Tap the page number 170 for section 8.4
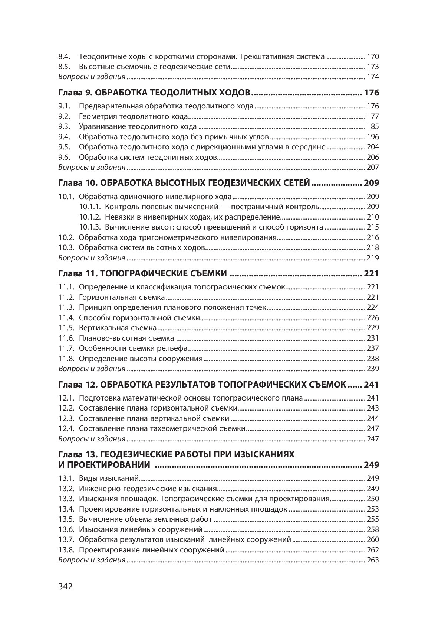click(x=372, y=57)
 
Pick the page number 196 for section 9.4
click(x=372, y=137)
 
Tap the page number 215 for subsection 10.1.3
click(x=372, y=227)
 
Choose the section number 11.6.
click(x=66, y=338)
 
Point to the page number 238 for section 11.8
click(x=372, y=359)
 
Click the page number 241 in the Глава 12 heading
click(x=372, y=385)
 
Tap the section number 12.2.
click(x=66, y=408)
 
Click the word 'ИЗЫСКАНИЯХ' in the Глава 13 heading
click(x=265, y=454)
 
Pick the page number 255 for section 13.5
click(x=372, y=519)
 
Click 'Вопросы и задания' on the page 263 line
click(x=92, y=560)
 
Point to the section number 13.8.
click(x=66, y=550)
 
